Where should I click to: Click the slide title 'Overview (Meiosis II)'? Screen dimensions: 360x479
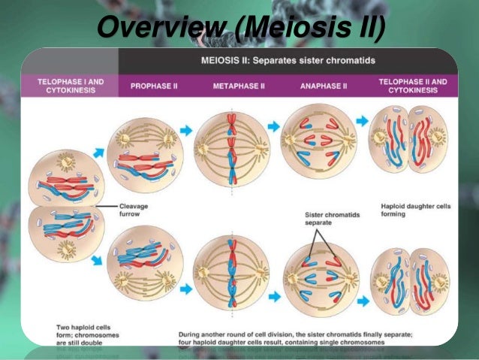click(x=240, y=29)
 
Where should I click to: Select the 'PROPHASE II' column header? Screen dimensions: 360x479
click(x=153, y=86)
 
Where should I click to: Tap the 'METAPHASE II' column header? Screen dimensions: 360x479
click(x=239, y=86)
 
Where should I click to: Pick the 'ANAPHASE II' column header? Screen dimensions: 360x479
click(x=324, y=86)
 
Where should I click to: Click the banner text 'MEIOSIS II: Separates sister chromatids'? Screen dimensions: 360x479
click(x=288, y=59)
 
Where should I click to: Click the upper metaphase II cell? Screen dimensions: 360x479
click(x=231, y=147)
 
